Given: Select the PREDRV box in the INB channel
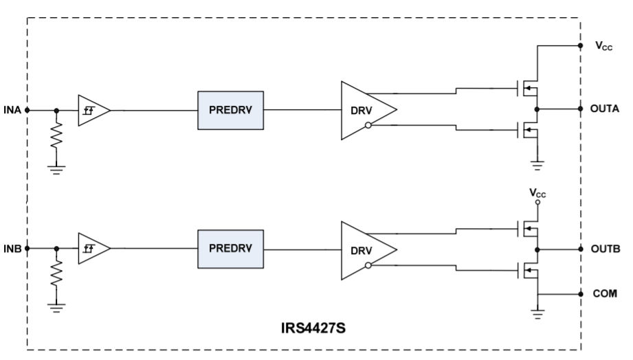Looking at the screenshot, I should (x=230, y=249).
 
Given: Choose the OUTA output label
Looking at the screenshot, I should (x=604, y=109).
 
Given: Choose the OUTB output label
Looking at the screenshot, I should (x=604, y=248).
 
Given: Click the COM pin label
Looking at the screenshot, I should (x=604, y=293).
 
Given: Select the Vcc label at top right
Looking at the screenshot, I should (x=602, y=47).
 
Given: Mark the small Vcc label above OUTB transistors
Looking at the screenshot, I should (x=537, y=194).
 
